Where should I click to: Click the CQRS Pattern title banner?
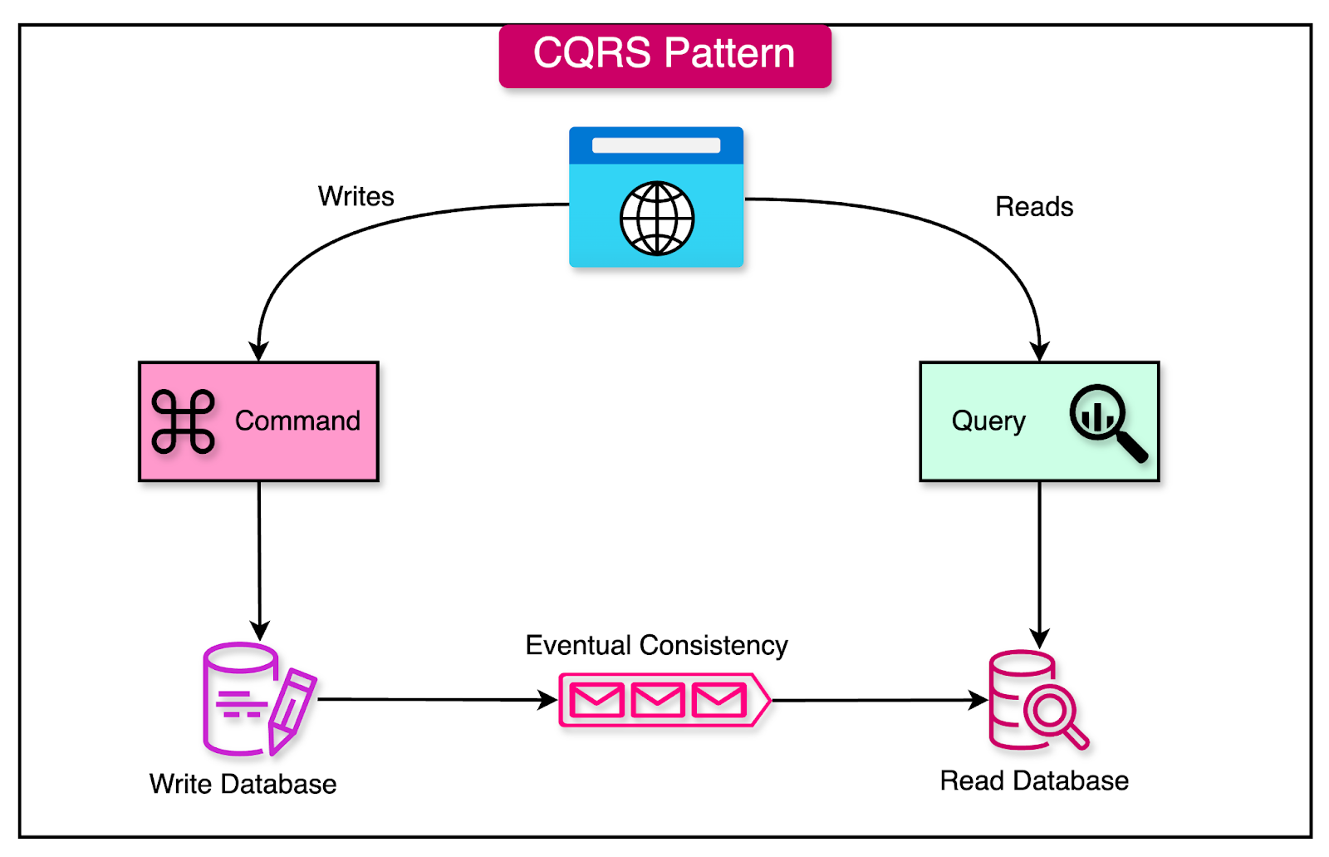[664, 55]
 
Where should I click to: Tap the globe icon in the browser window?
[657, 219]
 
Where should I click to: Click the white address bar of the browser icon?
[656, 145]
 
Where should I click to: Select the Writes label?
[356, 196]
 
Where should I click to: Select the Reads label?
[1034, 207]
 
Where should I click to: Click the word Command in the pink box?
[297, 421]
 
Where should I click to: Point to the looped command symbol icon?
[184, 421]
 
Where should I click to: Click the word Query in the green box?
[988, 421]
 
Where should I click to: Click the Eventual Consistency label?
[656, 645]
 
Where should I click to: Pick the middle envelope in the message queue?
[658, 701]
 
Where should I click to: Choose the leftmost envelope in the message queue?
[597, 701]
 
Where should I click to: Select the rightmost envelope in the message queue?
[718, 701]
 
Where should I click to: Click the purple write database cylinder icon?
[238, 698]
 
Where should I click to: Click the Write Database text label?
[243, 784]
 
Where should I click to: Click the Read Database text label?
[1034, 781]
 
